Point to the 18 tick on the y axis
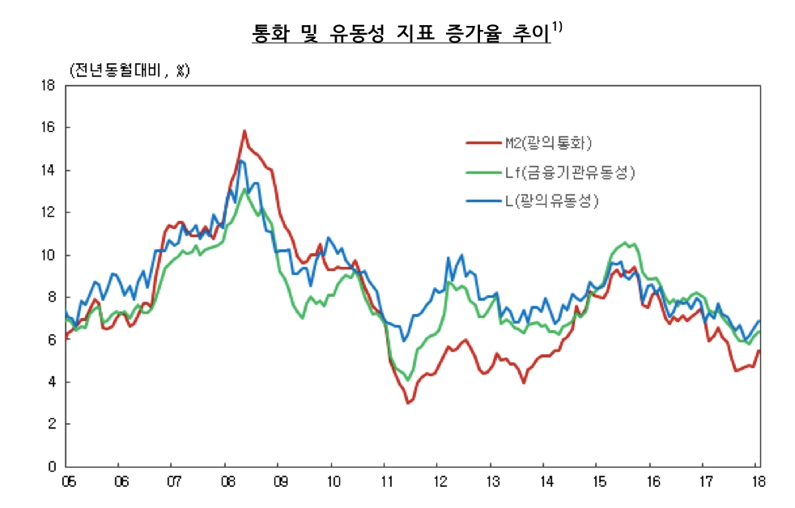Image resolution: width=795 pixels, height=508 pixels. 48,85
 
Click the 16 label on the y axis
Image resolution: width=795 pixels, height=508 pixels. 48,128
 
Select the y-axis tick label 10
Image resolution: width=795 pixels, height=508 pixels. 48,255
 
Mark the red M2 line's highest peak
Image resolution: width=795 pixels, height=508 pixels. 244,130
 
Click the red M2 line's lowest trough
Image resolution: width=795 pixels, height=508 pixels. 408,403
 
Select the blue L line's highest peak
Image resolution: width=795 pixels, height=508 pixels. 240,161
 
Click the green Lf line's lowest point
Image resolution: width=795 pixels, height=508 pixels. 408,380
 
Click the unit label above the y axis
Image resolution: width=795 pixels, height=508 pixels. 129,70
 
